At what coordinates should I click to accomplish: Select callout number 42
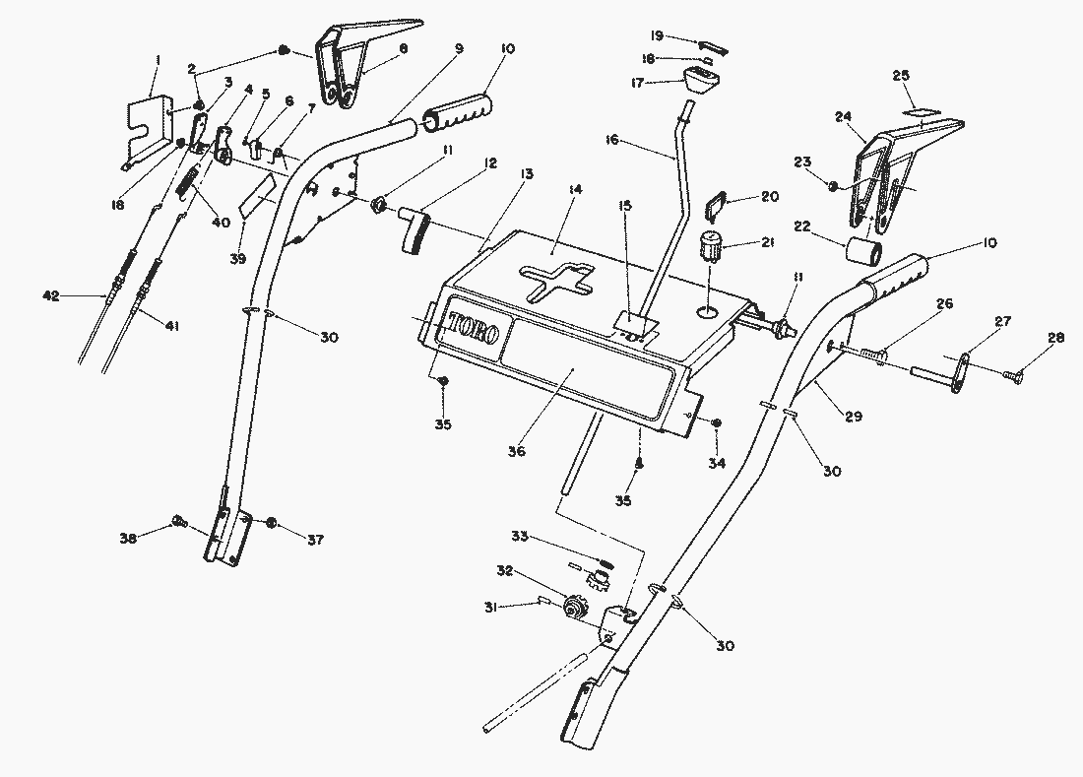click(52, 294)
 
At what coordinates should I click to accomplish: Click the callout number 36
click(517, 451)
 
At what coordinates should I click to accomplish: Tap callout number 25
click(901, 76)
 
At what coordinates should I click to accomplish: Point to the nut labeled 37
click(272, 522)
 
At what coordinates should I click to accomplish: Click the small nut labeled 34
click(716, 423)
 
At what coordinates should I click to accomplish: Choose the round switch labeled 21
click(710, 243)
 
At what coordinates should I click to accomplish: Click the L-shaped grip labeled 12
click(416, 230)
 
